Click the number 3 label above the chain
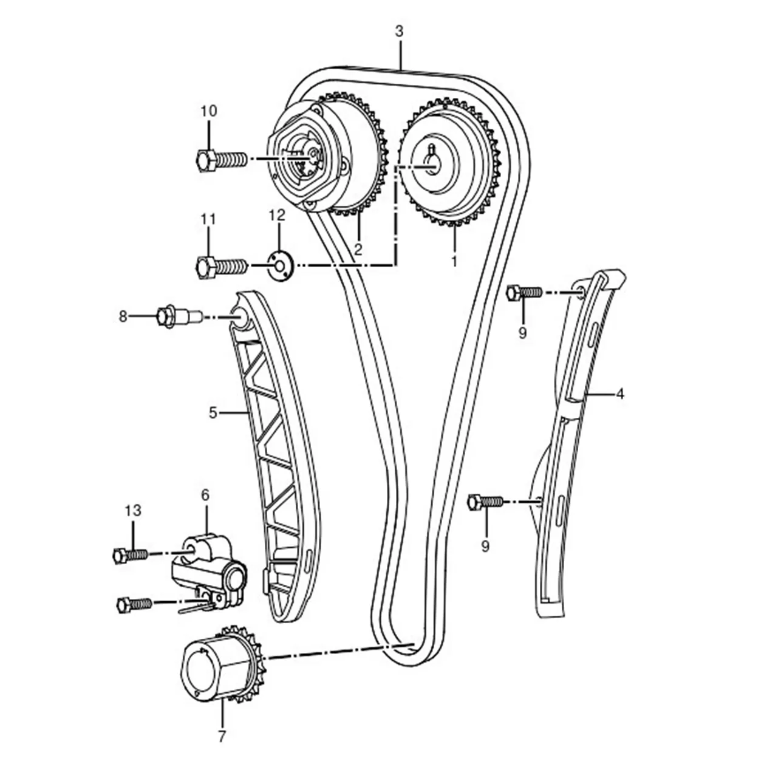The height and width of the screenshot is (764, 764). pyautogui.click(x=399, y=32)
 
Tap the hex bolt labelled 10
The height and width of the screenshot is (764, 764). pyautogui.click(x=222, y=160)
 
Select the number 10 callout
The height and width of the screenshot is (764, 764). pyautogui.click(x=209, y=111)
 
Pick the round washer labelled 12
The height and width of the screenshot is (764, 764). pyautogui.click(x=279, y=265)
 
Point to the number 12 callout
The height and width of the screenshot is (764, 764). pyautogui.click(x=277, y=215)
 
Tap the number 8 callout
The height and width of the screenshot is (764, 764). pyautogui.click(x=123, y=316)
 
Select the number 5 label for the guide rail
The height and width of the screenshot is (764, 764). pyautogui.click(x=213, y=414)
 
